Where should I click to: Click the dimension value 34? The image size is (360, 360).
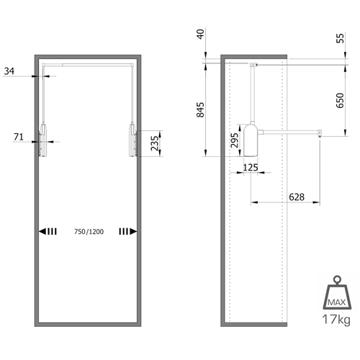(x=9, y=71)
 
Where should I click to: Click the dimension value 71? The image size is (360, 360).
(x=19, y=137)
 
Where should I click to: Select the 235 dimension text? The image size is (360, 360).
(x=155, y=143)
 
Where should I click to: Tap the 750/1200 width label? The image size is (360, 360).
(x=89, y=232)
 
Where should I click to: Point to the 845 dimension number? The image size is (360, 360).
(x=200, y=110)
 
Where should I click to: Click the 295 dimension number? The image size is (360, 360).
(x=235, y=140)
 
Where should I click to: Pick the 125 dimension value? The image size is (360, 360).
(x=251, y=167)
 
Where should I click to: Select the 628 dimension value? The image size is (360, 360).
(x=297, y=197)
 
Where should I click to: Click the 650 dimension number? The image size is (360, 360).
(x=340, y=100)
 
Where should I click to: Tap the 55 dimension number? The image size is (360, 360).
(x=340, y=38)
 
